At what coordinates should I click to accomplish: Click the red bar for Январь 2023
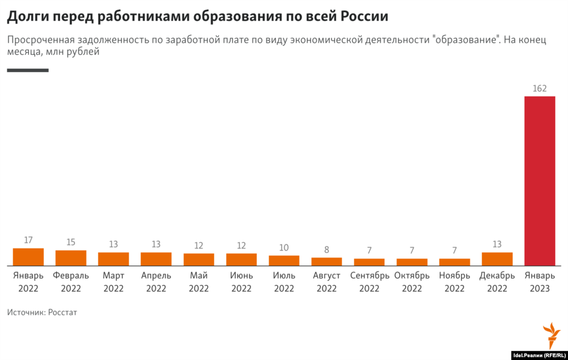coord(540,181)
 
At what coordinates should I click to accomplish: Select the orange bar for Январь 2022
coord(28,257)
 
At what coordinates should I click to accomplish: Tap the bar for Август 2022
coord(326,261)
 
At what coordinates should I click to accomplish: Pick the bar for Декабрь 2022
coord(497,259)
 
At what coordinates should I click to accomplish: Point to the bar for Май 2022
coord(199,260)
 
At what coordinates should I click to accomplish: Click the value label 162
coord(540,88)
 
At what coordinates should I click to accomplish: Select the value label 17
coord(28,240)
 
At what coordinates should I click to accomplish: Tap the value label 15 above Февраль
coord(71,242)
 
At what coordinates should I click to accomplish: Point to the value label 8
coord(326,250)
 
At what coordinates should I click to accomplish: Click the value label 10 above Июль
coord(284,247)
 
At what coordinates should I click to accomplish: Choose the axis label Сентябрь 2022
coord(369,282)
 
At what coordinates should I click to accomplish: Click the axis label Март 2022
coord(113,282)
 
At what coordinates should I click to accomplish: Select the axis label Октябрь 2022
coord(412,282)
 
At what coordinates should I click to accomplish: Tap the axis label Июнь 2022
coord(241,282)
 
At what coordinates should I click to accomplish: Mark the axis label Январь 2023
coord(540,282)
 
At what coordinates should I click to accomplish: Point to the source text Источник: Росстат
coord(42,312)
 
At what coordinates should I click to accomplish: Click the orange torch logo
coord(551,335)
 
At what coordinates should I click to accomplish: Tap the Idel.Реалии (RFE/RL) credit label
coord(538,355)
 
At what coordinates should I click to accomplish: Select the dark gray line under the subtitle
coord(28,70)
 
